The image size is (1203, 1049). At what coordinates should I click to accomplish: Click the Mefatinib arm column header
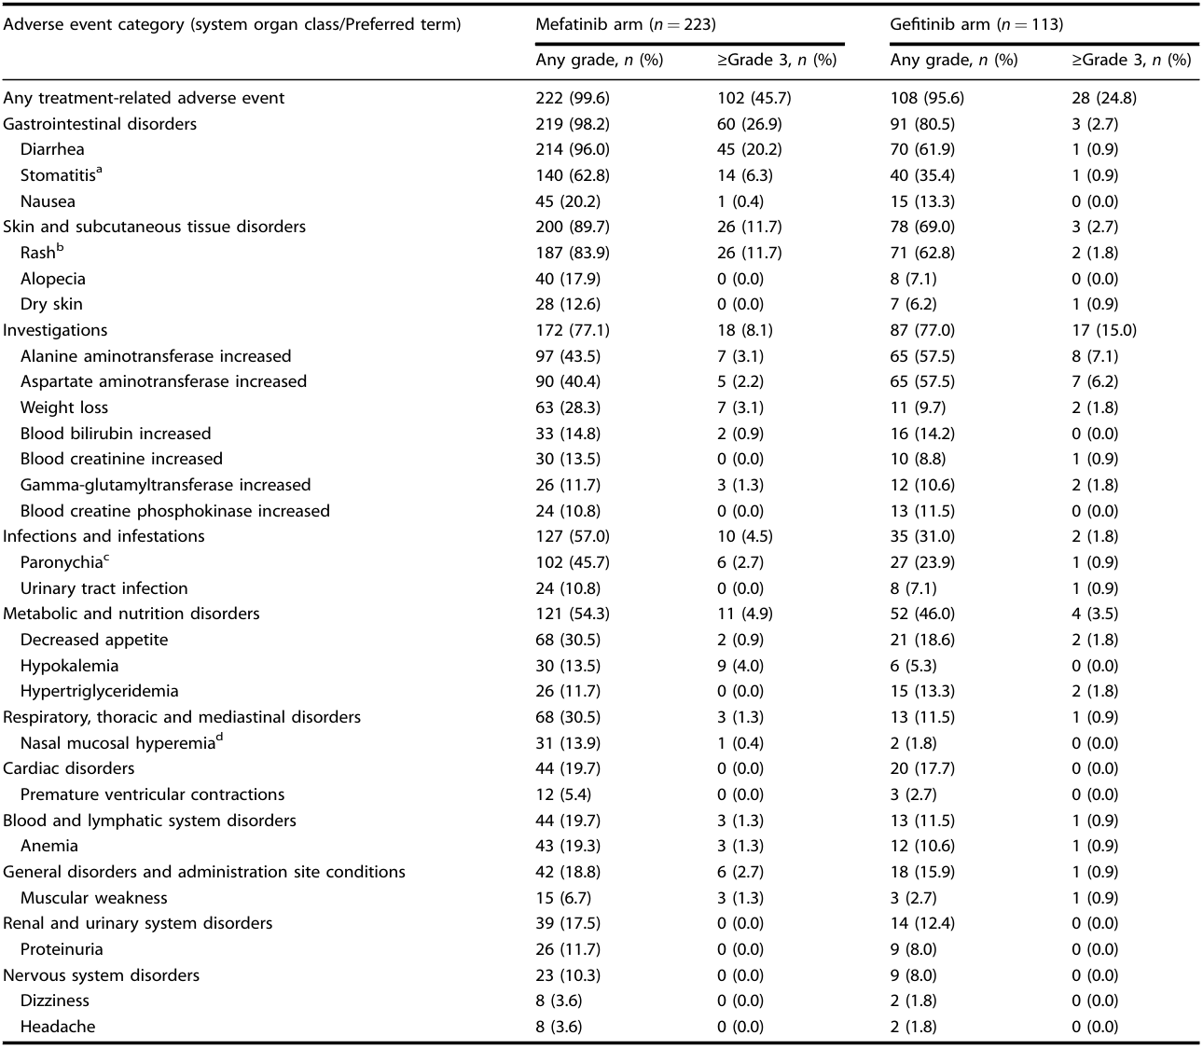point(626,24)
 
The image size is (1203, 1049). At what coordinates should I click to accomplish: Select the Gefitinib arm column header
point(976,24)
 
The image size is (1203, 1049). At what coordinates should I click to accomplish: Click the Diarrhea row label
point(52,149)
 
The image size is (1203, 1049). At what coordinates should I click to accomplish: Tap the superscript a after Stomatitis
point(100,170)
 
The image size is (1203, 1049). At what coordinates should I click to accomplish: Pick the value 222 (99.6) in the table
point(573,98)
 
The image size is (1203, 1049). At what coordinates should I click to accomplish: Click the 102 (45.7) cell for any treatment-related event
point(754,98)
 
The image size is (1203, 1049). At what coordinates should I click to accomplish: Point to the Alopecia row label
point(53,279)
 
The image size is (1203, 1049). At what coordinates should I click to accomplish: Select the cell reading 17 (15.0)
point(1104,330)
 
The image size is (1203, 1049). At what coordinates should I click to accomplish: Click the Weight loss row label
point(64,407)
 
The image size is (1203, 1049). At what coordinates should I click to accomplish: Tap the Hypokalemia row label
point(69,666)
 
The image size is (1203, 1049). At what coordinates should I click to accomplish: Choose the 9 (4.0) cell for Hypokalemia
point(740,666)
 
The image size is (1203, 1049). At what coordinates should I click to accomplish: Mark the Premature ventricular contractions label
point(152,794)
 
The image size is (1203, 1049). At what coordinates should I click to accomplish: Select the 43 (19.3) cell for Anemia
point(568,847)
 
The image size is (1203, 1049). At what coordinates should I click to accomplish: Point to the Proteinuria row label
point(62,949)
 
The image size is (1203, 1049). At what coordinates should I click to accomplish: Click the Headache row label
point(58,1027)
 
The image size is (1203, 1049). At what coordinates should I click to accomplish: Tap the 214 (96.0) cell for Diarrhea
point(573,149)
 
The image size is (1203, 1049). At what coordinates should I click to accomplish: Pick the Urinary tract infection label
point(104,588)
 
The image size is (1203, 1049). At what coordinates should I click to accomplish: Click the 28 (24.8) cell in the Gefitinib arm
point(1104,98)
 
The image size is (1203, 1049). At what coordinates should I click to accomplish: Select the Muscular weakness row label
point(94,898)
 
